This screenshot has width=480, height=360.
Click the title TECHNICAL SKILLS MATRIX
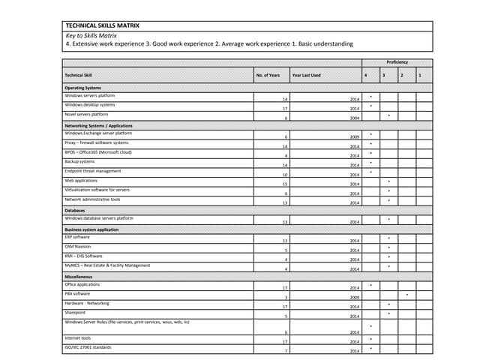point(103,25)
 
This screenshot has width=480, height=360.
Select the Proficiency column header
point(397,62)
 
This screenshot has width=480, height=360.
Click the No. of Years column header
point(268,75)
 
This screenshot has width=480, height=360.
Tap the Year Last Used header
point(306,75)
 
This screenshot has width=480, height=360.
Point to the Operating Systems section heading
point(82,88)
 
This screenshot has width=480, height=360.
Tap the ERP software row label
point(77,237)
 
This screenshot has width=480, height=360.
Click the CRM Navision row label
point(78,246)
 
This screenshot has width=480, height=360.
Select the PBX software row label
point(77,294)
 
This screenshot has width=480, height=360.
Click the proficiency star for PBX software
point(406,295)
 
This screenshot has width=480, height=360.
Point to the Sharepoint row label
point(75,313)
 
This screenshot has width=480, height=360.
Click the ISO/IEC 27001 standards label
point(88,347)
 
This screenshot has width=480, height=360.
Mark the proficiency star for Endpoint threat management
point(370,172)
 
